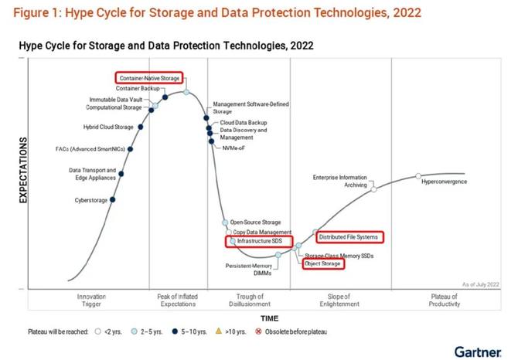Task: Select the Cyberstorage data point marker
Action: point(113,200)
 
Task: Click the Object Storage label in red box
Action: point(323,263)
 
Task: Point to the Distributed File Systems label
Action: point(349,236)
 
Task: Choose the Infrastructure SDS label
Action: point(260,242)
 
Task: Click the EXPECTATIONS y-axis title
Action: point(23,171)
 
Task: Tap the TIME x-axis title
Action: point(270,318)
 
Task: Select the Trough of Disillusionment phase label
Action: point(251,301)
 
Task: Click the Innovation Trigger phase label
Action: point(91,301)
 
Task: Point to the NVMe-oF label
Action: point(234,148)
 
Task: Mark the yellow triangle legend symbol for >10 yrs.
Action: point(219,332)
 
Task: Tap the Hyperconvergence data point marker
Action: point(418,176)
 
